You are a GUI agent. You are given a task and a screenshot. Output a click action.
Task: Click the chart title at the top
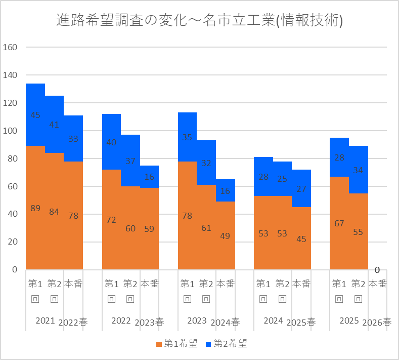(x=199, y=20)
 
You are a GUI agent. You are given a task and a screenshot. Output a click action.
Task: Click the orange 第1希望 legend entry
(x=177, y=343)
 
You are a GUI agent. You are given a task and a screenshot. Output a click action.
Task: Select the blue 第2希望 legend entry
(x=227, y=343)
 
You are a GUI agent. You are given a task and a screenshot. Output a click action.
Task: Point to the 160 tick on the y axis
(x=10, y=47)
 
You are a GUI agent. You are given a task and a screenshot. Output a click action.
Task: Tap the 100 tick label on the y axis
(x=10, y=131)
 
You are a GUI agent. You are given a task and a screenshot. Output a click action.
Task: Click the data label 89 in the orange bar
(x=35, y=208)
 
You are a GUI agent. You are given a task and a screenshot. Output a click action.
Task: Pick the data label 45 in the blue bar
(x=35, y=115)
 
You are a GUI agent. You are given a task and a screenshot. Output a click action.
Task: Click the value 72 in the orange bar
(x=111, y=220)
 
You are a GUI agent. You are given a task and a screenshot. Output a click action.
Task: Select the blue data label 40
(x=111, y=142)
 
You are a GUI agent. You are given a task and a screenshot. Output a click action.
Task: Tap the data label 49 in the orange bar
(x=225, y=236)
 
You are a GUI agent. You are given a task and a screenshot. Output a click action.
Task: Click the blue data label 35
(x=187, y=137)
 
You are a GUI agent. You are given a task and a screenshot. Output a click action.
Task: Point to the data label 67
(x=339, y=223)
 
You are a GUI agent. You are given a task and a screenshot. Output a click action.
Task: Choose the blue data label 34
(x=358, y=170)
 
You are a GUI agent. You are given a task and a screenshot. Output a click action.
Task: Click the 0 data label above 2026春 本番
(x=377, y=270)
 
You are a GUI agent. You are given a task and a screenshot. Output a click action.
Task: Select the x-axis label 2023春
(x=149, y=323)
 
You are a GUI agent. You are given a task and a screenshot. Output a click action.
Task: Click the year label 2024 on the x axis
(x=273, y=321)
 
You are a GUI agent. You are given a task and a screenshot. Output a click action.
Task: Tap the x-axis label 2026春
(x=377, y=323)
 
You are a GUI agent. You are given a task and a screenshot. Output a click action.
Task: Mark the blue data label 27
(x=301, y=189)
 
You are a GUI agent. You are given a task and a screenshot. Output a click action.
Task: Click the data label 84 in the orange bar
(x=54, y=212)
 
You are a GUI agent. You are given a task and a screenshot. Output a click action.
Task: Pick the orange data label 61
(x=206, y=228)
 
